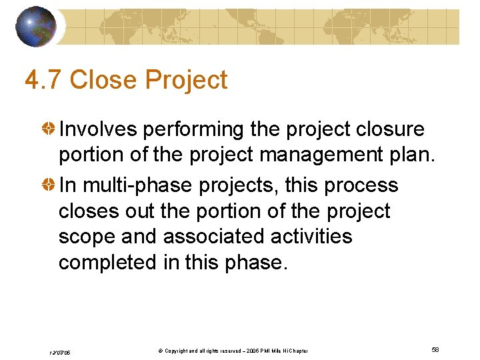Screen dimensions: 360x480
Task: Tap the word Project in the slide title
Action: pyautogui.click(x=187, y=80)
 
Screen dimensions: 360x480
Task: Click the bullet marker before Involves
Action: pyautogui.click(x=49, y=129)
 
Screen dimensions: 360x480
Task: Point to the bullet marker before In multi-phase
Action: pyautogui.click(x=49, y=185)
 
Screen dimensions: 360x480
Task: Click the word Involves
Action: pyautogui.click(x=98, y=129)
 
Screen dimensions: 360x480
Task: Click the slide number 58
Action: pyautogui.click(x=435, y=350)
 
